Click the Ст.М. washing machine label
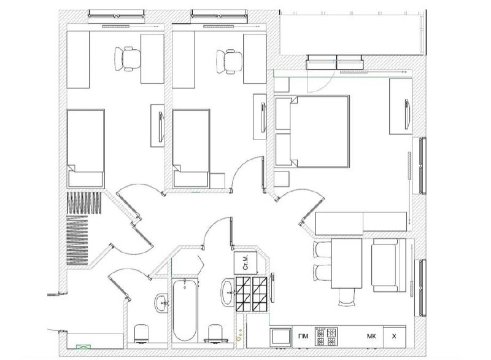pos(245,262)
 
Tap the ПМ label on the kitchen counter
pos(303,336)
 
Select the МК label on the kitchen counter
pos(371,336)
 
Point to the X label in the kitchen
pos(394,336)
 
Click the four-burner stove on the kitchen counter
pos(326,337)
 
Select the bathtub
pos(185,310)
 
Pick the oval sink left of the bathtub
pos(161,303)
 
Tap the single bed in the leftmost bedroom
pos(85,149)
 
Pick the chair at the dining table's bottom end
pos(347,297)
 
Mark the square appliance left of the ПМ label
pos(280,337)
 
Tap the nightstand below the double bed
pos(282,179)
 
